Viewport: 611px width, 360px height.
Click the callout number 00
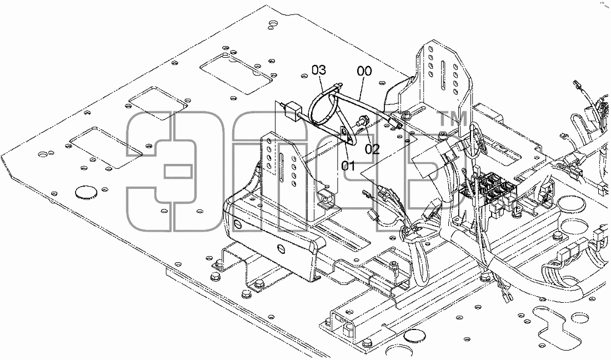pyautogui.click(x=364, y=71)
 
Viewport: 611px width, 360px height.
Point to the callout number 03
pyautogui.click(x=318, y=70)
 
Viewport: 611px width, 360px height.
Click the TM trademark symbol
pyautogui.click(x=453, y=119)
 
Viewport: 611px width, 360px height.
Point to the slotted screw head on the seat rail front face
pyautogui.click(x=282, y=248)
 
